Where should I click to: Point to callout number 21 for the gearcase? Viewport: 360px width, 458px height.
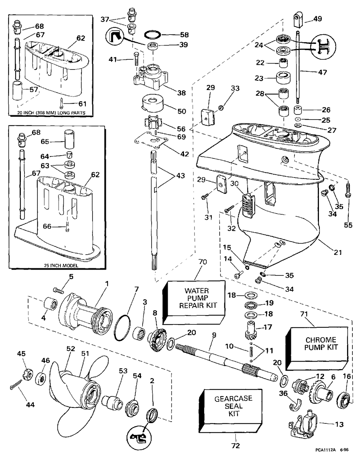tap(337, 252)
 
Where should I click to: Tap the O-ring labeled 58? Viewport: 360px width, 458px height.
tap(153, 35)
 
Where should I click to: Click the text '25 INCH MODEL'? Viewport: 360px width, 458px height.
tap(60, 266)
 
